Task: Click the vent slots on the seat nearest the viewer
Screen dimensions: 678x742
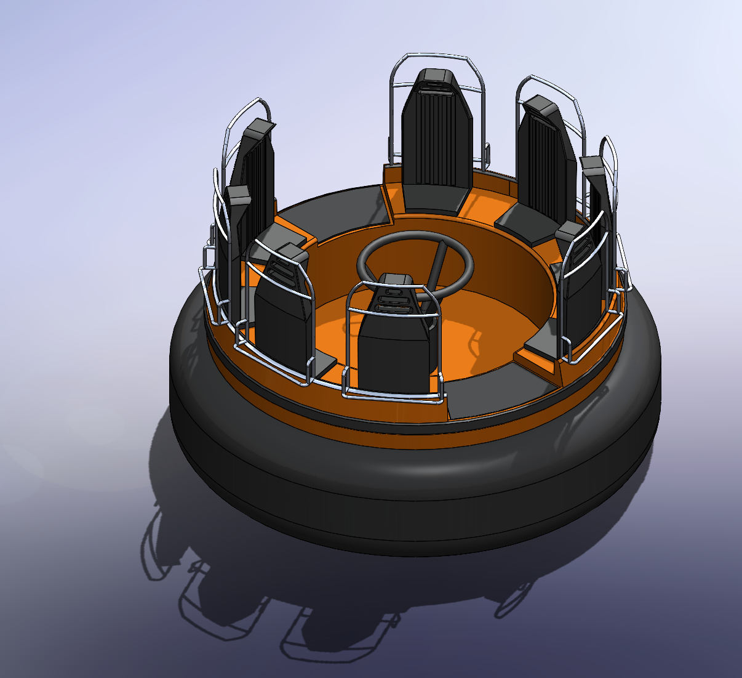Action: (x=394, y=296)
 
